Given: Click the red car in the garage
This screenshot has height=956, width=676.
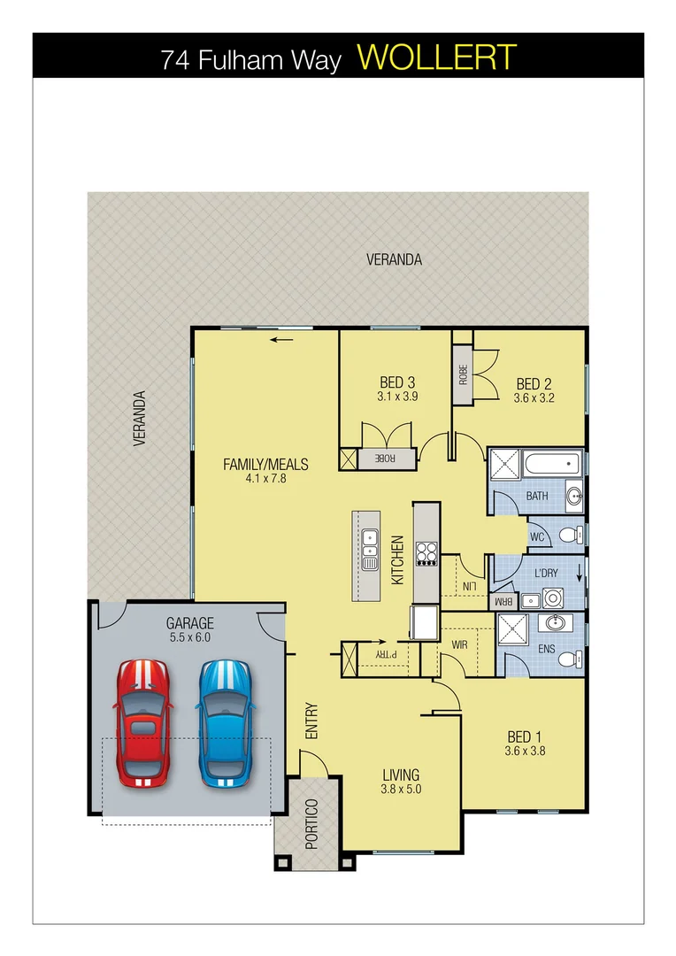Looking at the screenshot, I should (142, 723).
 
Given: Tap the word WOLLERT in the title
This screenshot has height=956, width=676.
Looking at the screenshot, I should (436, 58).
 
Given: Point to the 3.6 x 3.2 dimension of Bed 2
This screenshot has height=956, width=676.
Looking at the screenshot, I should (534, 398).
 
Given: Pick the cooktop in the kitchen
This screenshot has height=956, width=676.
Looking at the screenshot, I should (426, 553).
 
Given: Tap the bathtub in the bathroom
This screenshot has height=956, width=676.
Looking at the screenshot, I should (549, 463).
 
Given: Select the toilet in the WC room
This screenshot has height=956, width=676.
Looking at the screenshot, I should (576, 535).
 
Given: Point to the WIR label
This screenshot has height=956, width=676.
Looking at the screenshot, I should (459, 645).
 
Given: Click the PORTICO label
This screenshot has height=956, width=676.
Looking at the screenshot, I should (311, 823).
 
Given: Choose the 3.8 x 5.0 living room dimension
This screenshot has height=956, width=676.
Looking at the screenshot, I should (401, 790).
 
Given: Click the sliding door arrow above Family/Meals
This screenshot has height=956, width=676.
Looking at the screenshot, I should (282, 339).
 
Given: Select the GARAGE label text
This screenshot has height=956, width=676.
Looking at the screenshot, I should (188, 622).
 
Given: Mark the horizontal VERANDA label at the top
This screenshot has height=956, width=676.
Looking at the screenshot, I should (394, 259).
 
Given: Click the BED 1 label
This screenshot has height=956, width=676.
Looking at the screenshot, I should (521, 736).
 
